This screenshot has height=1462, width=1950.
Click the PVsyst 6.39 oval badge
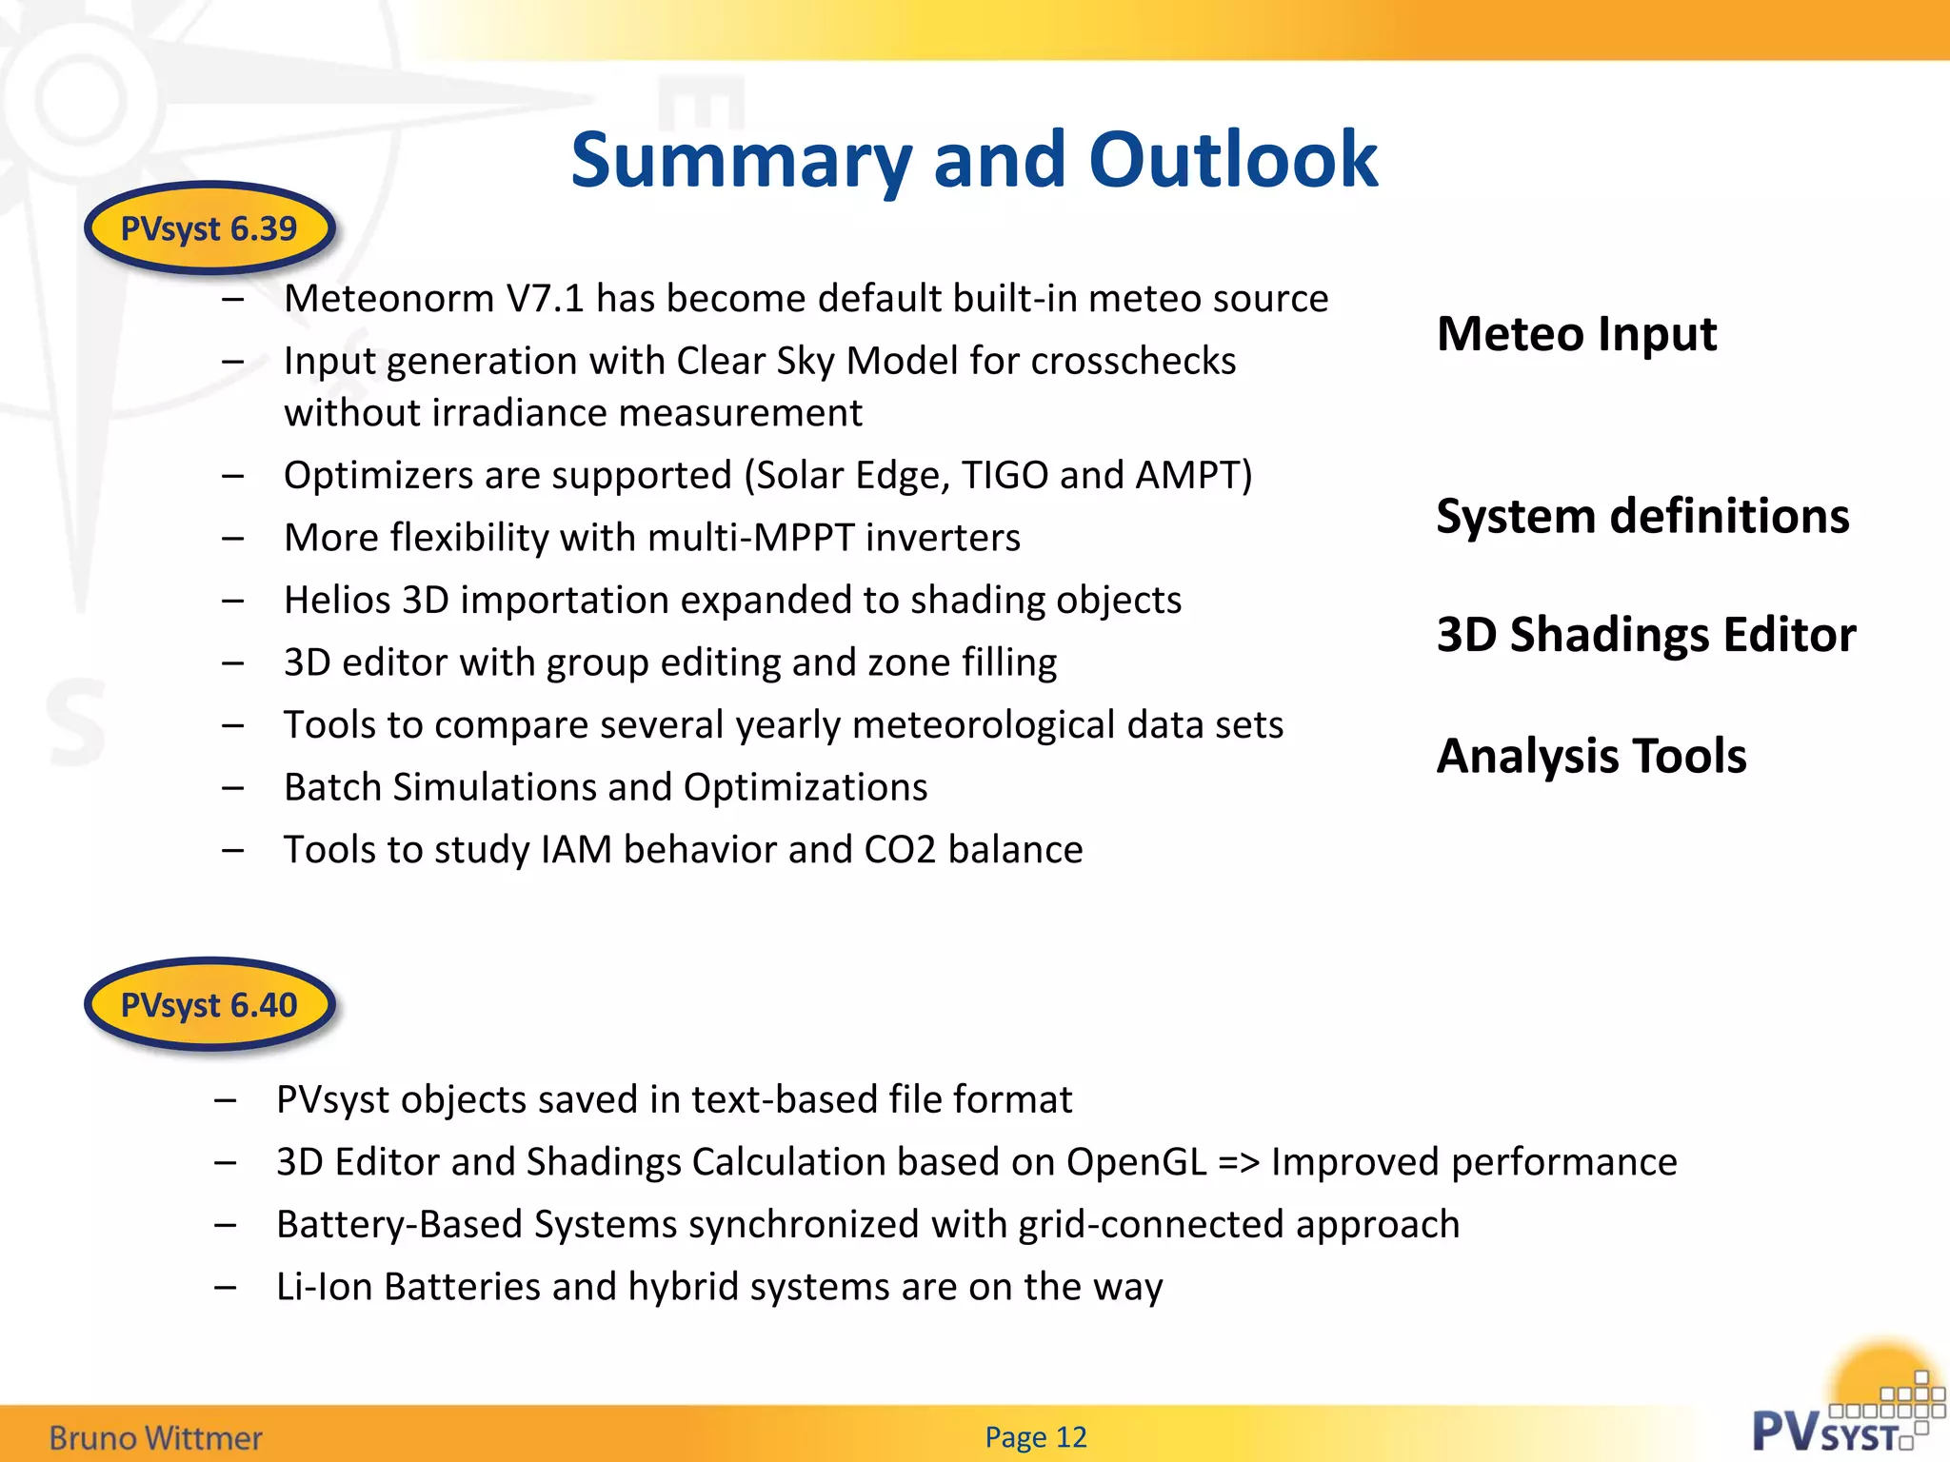coord(209,228)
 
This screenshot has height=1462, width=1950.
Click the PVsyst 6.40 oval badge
coord(209,1005)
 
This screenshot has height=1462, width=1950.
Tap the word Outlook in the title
coord(1233,160)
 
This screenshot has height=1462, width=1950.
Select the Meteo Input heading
coord(1576,334)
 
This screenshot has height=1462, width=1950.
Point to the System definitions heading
coord(1642,516)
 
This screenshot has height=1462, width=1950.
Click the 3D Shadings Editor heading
coord(1646,634)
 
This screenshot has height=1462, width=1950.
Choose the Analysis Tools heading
coord(1591,756)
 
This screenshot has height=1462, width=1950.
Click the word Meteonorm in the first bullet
coord(388,299)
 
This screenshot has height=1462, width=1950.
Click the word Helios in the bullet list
coord(337,601)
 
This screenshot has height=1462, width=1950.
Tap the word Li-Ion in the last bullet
coord(324,1287)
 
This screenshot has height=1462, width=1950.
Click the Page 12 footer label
coord(1036,1436)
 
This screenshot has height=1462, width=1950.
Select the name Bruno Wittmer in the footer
coord(155,1437)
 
